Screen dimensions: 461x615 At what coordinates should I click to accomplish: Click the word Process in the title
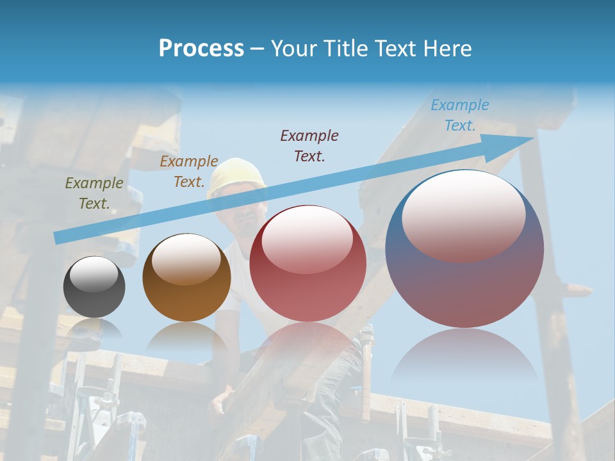201,48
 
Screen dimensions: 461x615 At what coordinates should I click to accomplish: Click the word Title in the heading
343,48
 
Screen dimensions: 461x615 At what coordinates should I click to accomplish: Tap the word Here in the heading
446,48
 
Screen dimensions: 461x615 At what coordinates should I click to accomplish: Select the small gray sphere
94,287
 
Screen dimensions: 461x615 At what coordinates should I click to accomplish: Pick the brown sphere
186,279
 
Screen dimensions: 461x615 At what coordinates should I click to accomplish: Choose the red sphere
307,264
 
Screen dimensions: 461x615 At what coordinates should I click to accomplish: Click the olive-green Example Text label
94,193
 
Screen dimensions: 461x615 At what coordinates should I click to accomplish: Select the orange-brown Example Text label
189,172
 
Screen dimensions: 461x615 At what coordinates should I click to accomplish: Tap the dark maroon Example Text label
309,145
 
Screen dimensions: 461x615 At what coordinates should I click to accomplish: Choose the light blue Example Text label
460,115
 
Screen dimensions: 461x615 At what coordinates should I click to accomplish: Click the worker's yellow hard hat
236,175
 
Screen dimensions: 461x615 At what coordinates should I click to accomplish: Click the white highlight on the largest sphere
464,214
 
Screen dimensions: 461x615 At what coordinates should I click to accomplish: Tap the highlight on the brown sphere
186,259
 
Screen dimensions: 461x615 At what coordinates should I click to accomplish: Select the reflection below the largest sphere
464,359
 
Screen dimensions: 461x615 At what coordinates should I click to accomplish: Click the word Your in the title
294,48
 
